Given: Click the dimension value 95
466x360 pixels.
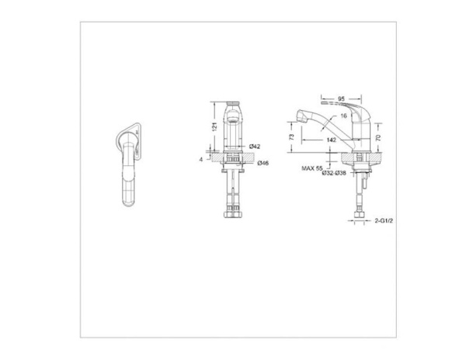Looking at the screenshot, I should pyautogui.click(x=341, y=99).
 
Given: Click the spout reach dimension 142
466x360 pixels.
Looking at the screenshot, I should pyautogui.click(x=331, y=140).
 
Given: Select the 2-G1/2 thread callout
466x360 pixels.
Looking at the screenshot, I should pyautogui.click(x=381, y=221).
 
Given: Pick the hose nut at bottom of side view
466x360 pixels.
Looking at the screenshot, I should pyautogui.click(x=360, y=213).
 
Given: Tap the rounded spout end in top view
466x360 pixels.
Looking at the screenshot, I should pyautogui.click(x=128, y=199).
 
